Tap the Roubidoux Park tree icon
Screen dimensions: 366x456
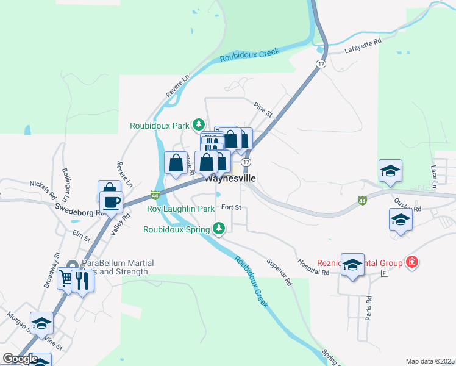pyautogui.click(x=198, y=125)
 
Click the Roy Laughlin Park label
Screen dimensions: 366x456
pyautogui.click(x=181, y=209)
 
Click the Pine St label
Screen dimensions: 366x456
pyautogui.click(x=263, y=109)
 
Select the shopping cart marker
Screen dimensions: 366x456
pyautogui.click(x=66, y=279)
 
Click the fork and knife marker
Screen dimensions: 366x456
pyautogui.click(x=82, y=281)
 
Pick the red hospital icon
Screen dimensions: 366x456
pyautogui.click(x=413, y=262)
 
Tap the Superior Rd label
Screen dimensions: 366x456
pyautogui.click(x=279, y=272)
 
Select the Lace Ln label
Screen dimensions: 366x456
pyautogui.click(x=434, y=175)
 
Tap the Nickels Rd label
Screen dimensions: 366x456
pyautogui.click(x=43, y=190)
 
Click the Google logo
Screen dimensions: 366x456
pyautogui.click(x=20, y=358)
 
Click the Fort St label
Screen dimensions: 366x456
pyautogui.click(x=231, y=207)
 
